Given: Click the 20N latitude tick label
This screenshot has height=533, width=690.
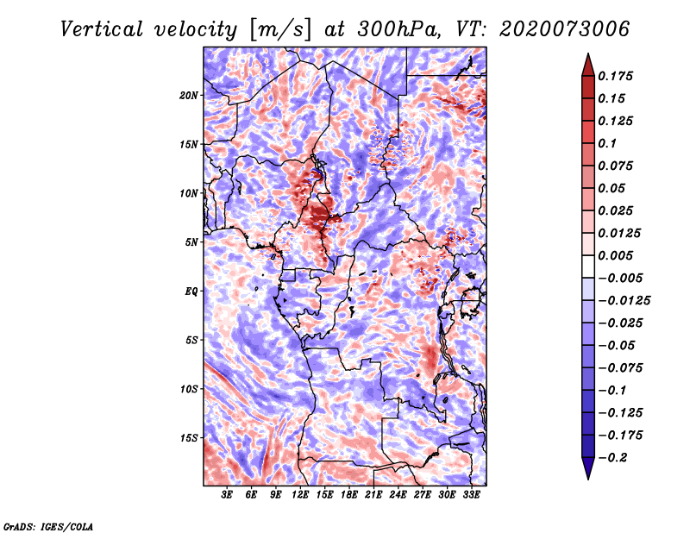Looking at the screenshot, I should (x=189, y=95).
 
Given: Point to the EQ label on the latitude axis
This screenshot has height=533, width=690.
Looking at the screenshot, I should (x=191, y=292).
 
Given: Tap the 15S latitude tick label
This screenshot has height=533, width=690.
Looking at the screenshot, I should (x=189, y=438).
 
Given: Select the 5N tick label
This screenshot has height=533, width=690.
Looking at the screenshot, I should (x=191, y=242).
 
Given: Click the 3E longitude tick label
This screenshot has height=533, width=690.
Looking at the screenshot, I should (x=228, y=495).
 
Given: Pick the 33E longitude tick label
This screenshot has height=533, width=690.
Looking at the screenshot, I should (x=471, y=495).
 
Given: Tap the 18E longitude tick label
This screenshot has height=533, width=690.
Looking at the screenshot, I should (x=349, y=495).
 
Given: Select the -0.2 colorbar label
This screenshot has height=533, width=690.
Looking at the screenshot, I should (x=615, y=457).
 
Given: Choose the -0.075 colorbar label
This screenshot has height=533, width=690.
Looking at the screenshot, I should (x=623, y=367).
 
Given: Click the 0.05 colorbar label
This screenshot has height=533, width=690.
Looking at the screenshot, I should (x=613, y=188).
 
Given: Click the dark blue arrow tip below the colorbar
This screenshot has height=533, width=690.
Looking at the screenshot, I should (x=587, y=473).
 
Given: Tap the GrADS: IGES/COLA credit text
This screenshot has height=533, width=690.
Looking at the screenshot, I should (x=47, y=525).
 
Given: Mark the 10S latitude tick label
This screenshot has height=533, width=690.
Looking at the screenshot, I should (x=189, y=389).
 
